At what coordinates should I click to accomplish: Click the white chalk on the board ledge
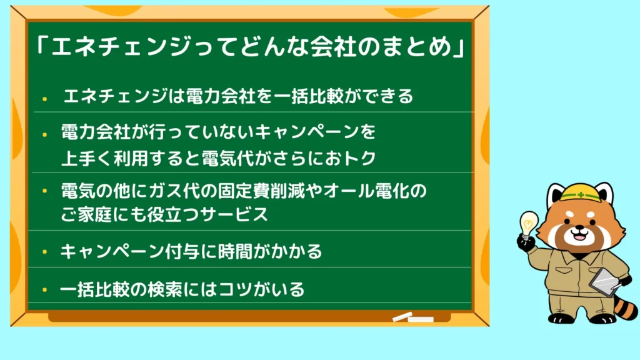click(x=413, y=317)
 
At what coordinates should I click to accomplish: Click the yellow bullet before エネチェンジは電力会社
click(x=44, y=99)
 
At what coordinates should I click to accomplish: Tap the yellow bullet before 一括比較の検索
click(x=44, y=290)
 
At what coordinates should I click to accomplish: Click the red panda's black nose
click(x=579, y=231)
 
